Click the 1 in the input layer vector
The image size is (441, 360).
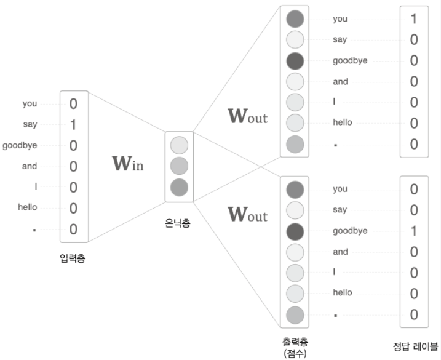click(x=73, y=125)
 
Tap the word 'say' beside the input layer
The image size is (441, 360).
click(x=30, y=124)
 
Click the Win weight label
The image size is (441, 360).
click(x=127, y=164)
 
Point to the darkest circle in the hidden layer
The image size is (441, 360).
click(x=179, y=187)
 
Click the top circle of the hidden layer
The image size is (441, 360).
click(x=179, y=146)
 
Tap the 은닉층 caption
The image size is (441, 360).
click(x=178, y=223)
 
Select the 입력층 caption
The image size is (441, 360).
click(x=73, y=258)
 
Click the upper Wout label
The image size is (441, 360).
click(x=247, y=116)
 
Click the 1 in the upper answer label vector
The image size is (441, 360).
click(x=414, y=19)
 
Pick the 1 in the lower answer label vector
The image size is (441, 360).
click(x=414, y=231)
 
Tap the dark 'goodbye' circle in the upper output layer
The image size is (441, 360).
click(x=295, y=61)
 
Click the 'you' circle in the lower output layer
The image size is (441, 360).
click(x=295, y=189)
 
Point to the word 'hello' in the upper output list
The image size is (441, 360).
click(x=342, y=122)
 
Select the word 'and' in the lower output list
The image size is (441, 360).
click(x=340, y=251)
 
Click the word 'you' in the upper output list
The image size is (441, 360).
click(x=340, y=18)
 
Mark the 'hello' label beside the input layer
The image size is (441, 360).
click(x=27, y=207)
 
